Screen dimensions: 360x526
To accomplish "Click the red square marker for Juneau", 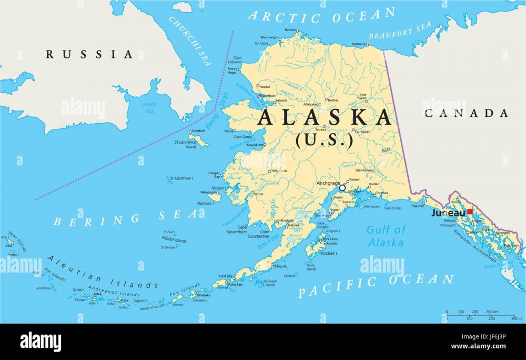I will (x=469, y=212).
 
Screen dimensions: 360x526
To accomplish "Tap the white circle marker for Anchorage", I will (x=342, y=187).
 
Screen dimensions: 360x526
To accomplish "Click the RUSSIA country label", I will (x=89, y=54).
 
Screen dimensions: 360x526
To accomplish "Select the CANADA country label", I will (x=467, y=113).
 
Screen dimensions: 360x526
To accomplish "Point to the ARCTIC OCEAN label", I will (x=321, y=15).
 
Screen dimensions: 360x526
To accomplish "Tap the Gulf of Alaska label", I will (x=386, y=236).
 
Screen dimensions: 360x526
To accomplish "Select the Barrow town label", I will (x=290, y=30).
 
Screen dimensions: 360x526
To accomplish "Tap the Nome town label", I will (x=229, y=131).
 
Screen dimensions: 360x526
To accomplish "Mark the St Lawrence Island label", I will (x=185, y=144).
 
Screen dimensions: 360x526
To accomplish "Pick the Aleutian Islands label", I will (x=103, y=273).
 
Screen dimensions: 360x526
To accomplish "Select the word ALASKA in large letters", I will (x=325, y=117).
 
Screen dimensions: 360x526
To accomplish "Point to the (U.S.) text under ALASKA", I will (x=324, y=141).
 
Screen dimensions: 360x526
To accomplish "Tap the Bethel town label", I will (x=258, y=194).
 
